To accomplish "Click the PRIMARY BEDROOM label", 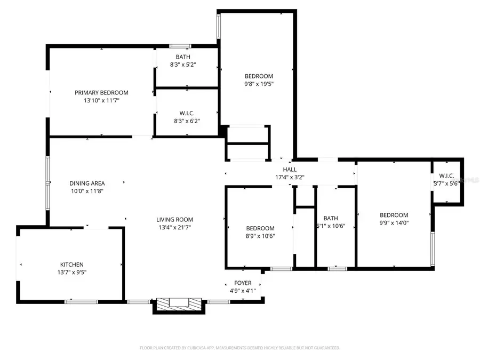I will pos(101,92).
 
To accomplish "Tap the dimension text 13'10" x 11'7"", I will pos(101,100).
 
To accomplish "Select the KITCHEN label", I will pos(71,265).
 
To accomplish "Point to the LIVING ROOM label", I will pos(174,219).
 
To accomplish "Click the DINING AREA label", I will pos(87,183).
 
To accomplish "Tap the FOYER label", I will pos(243,283).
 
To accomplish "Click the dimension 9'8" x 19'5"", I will pos(259,84).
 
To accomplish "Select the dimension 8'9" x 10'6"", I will pos(260,236).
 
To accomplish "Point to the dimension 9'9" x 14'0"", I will pos(394,223).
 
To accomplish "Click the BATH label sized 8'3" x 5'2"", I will pos(183,57).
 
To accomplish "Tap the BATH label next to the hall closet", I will pos(331,218).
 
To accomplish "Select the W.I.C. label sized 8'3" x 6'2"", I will pos(186,113).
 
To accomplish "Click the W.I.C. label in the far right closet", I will pos(446,176).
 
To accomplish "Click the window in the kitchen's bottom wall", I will pos(81,302).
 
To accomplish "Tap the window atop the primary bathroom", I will pos(180,46).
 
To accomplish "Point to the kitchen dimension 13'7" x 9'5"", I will pos(71,272).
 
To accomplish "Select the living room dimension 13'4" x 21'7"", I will pos(174,227).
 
